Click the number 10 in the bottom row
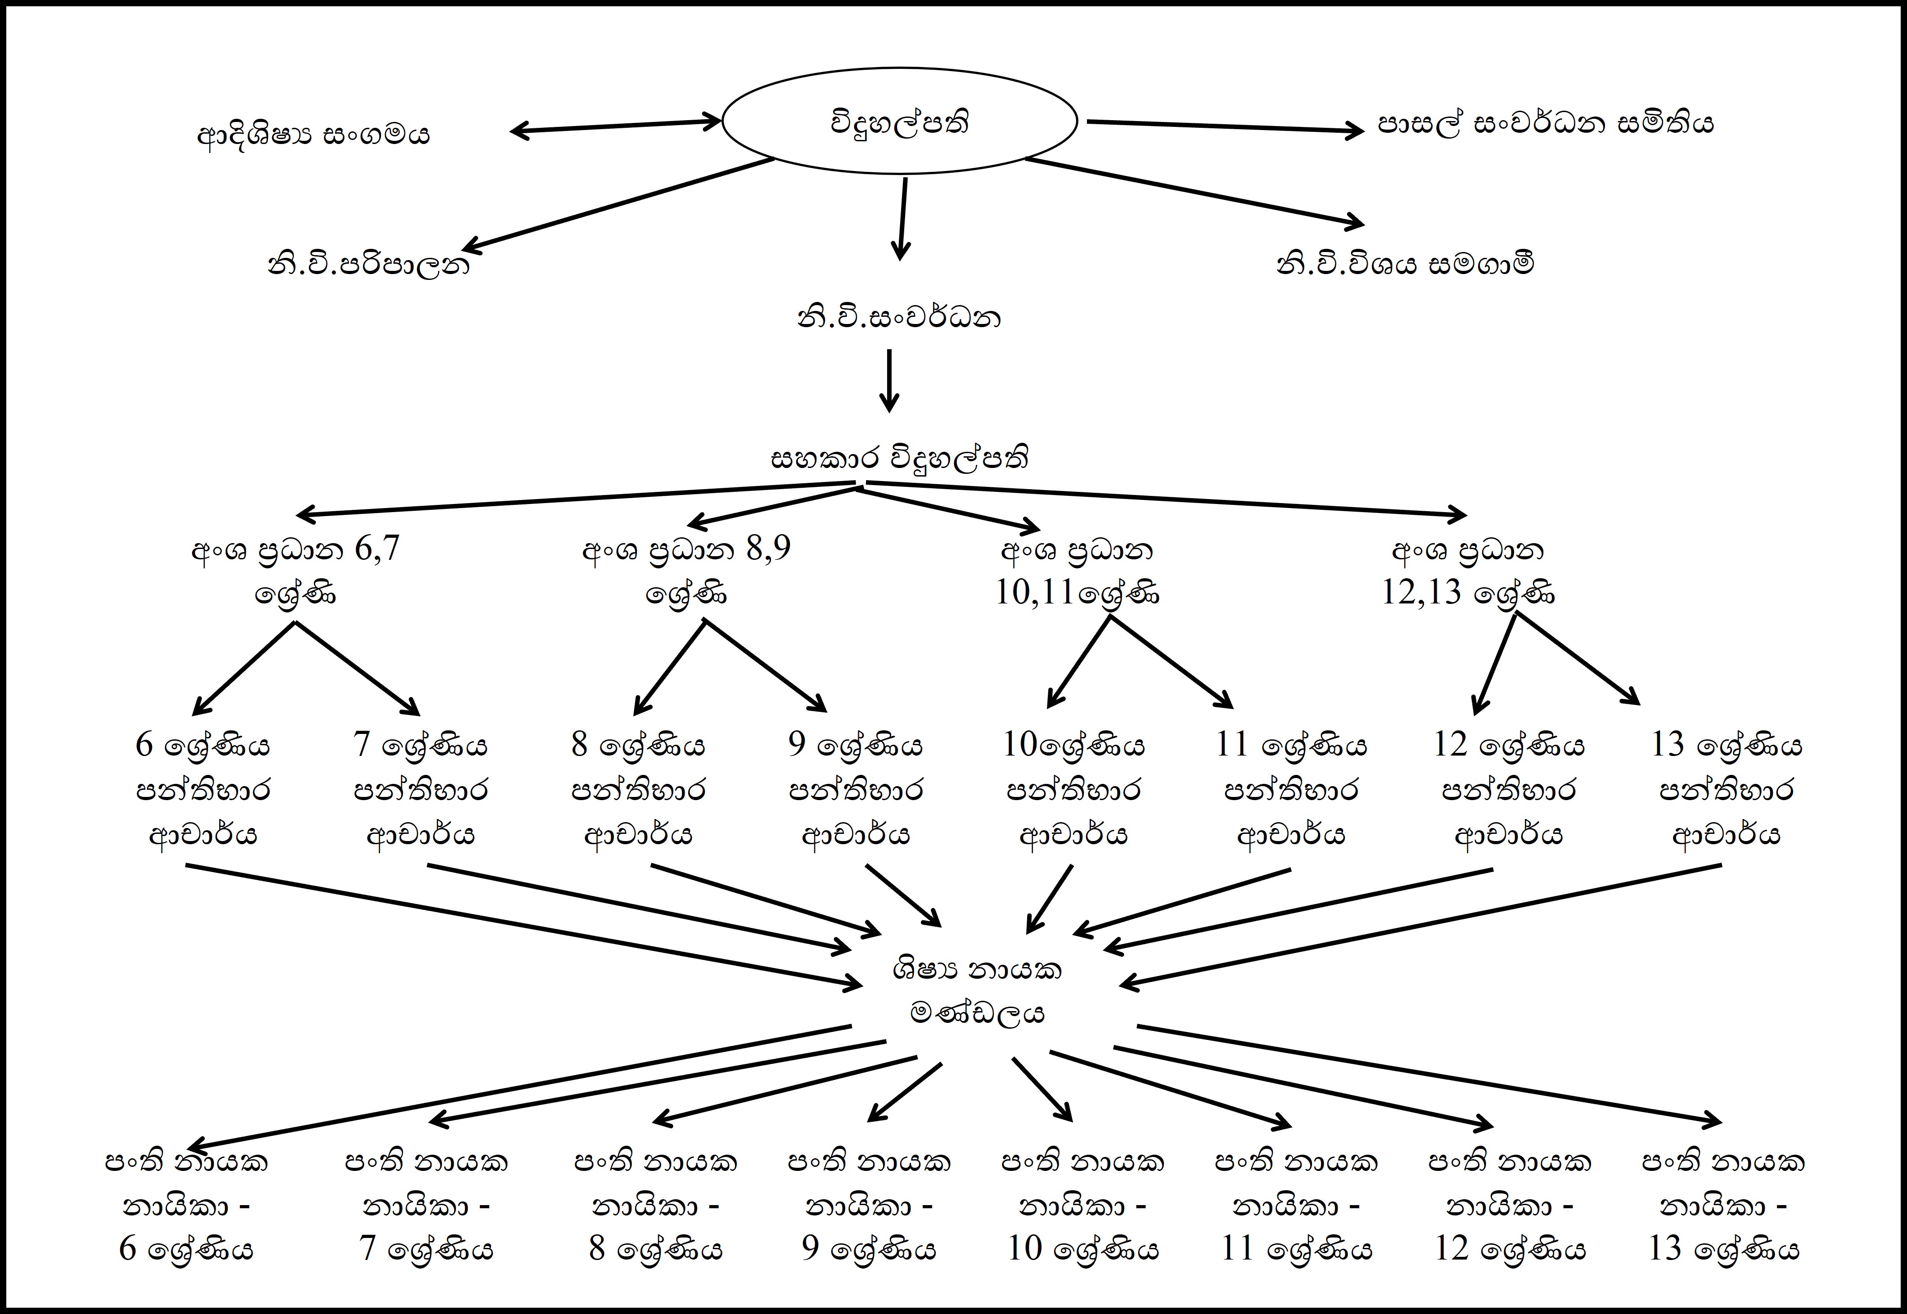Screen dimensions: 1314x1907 (1025, 1249)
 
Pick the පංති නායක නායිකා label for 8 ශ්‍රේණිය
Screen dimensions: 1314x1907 (655, 1205)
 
